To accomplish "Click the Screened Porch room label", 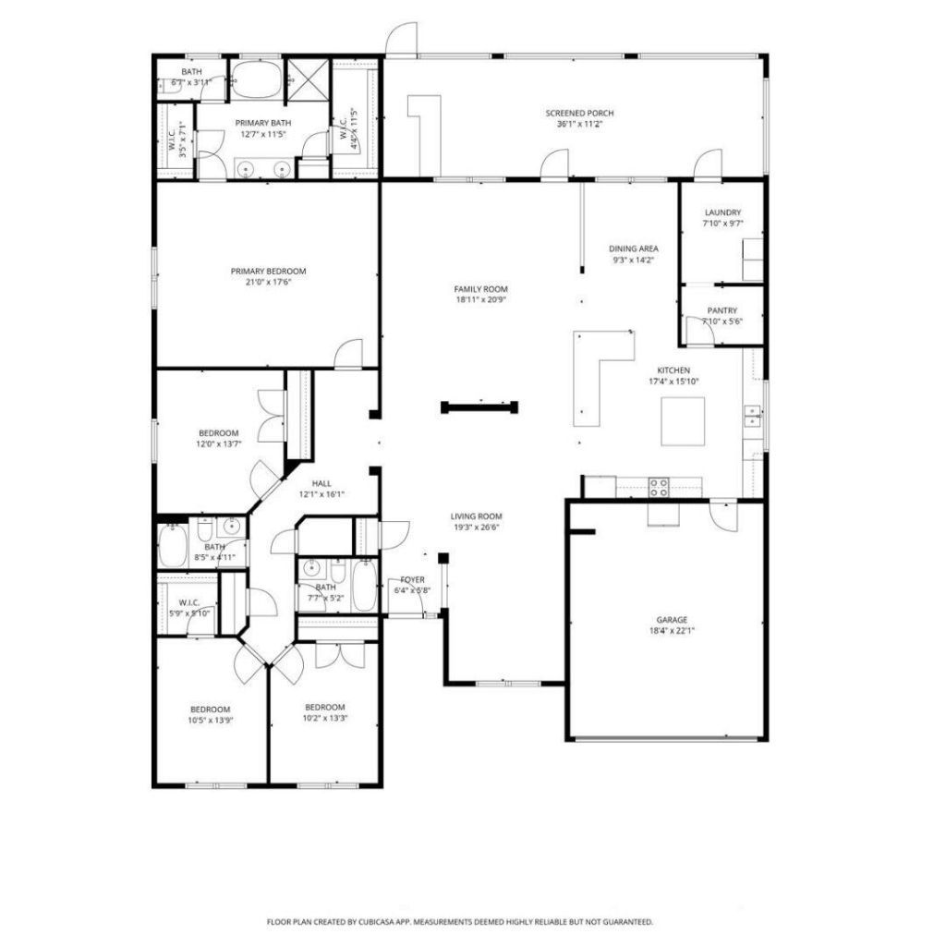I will tap(579, 114).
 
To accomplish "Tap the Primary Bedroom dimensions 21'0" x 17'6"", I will tap(268, 284).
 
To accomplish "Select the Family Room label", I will tap(480, 289).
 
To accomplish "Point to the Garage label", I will tap(672, 620).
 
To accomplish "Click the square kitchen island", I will tap(683, 421).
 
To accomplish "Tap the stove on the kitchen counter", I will tap(659, 486).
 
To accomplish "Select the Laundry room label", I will tap(722, 212).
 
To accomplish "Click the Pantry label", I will tap(722, 310).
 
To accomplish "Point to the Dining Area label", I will tap(633, 249).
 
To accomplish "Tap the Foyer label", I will tap(412, 579).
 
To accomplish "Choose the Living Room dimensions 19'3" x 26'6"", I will tap(476, 528).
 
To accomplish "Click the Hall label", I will tap(321, 483).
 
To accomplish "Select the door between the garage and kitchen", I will tap(723, 515).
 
